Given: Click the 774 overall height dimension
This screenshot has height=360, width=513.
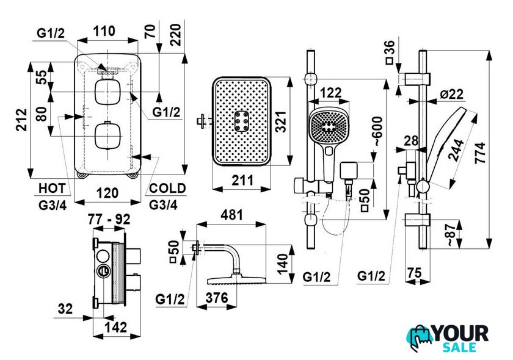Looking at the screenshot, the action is point(481,153).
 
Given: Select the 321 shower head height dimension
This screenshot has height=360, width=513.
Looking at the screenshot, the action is point(281,121).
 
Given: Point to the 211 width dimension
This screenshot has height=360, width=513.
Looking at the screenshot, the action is point(243,180).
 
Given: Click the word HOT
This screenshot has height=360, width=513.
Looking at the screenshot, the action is point(53,189).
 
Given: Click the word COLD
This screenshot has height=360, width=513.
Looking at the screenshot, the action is point(167,189).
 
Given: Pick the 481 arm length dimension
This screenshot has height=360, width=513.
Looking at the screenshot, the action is point(231,215).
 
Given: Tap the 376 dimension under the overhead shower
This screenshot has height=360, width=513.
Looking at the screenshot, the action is point(217,298).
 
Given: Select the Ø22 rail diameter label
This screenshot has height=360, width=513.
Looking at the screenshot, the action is point(452,94).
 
